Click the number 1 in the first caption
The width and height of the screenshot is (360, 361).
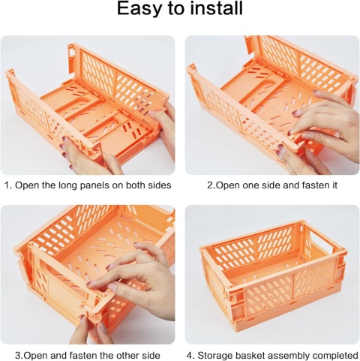pyautogui.click(x=7, y=185)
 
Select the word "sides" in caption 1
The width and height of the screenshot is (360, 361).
pyautogui.click(x=160, y=185)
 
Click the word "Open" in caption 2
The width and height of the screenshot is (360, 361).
pyautogui.click(x=225, y=186)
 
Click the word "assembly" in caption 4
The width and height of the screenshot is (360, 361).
pyautogui.click(x=289, y=356)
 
